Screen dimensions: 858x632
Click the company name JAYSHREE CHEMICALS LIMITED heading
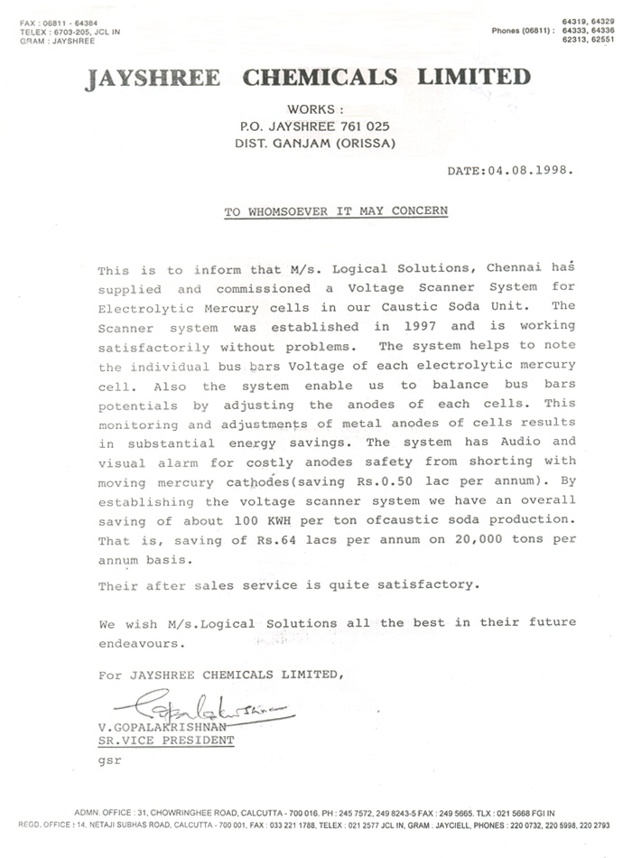click(308, 78)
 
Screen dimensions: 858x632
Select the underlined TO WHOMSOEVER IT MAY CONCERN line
click(335, 211)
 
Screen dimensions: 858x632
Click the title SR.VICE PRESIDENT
click(166, 740)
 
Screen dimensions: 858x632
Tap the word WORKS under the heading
click(311, 109)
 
